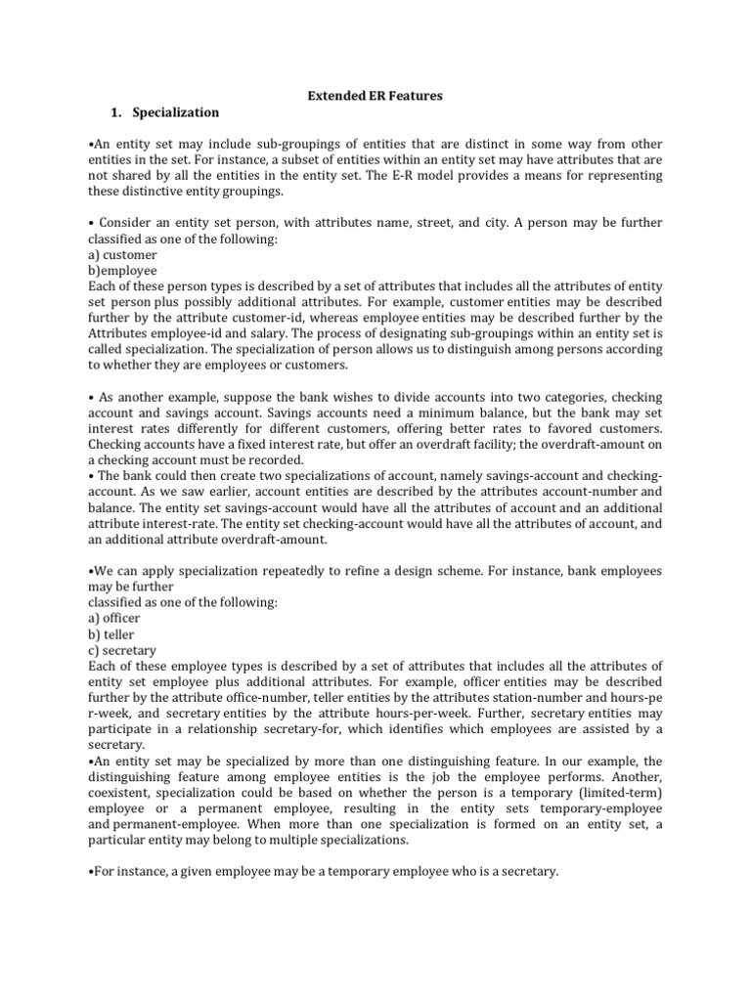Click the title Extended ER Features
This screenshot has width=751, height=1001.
coord(375,96)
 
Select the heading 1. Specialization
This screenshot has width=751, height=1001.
coord(166,112)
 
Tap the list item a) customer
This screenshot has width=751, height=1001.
coord(123,253)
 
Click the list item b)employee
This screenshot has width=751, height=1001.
coord(122,270)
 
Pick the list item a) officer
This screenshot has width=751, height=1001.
coord(114,619)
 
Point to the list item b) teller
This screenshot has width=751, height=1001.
coord(111,634)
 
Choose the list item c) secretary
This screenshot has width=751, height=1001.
coord(121,650)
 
